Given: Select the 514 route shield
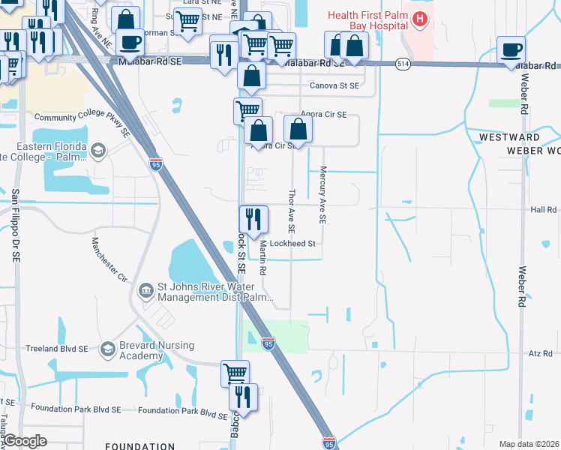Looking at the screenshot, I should click(403, 64).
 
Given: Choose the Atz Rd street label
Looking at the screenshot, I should click(541, 352).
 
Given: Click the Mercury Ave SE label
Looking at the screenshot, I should click(323, 195).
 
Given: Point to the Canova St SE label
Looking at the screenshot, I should click(328, 85).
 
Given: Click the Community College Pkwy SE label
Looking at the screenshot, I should click(82, 121).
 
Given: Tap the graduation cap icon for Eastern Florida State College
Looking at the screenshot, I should click(97, 152).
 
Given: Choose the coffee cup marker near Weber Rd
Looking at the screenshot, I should click(511, 50).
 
